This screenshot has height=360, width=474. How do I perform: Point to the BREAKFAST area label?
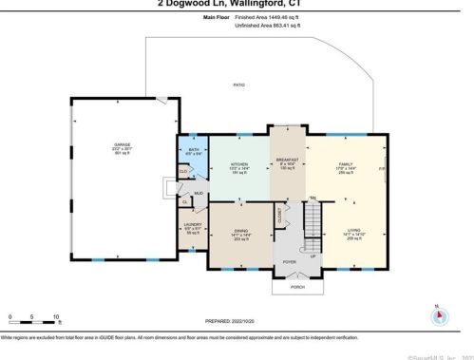tap(288, 160)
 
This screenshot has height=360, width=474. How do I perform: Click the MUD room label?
tap(199, 194)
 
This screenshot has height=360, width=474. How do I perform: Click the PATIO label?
tap(238, 85)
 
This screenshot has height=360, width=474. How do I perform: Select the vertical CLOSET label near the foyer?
tap(279, 216)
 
